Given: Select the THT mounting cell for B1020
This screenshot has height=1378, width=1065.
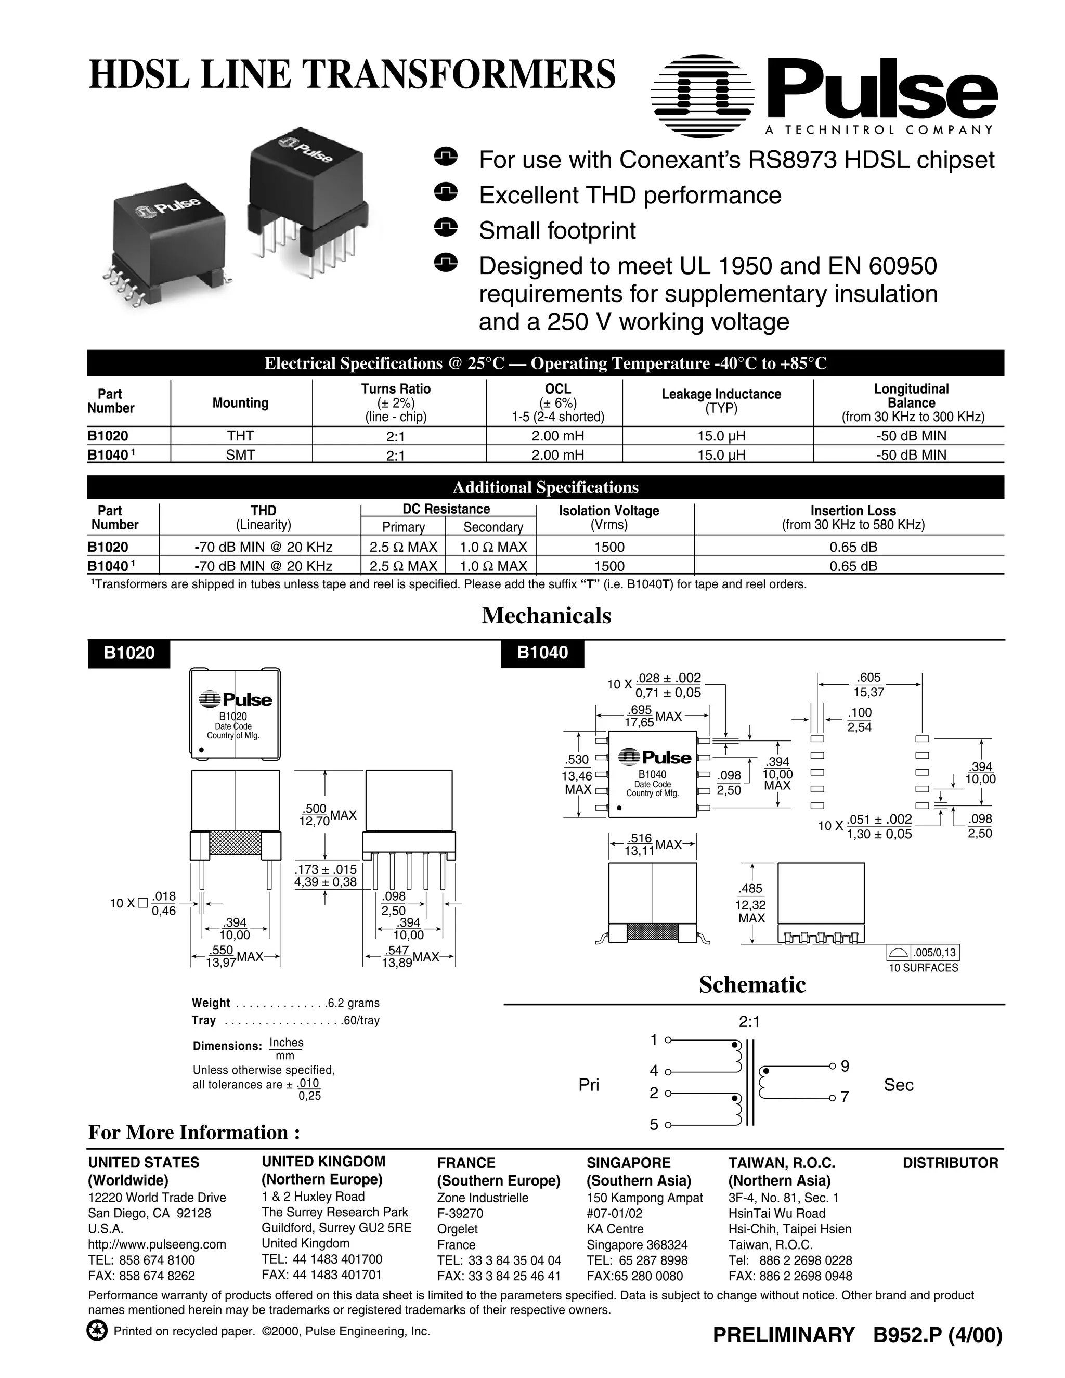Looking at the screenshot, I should pos(240,435).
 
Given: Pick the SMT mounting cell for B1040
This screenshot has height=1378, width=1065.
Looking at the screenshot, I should pos(240,454).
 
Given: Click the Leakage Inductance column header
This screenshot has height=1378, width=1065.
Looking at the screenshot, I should pos(721,394).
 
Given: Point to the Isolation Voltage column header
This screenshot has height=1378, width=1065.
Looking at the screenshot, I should pos(608,511).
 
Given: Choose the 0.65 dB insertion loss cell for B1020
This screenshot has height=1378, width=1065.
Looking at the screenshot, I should pos(853,547).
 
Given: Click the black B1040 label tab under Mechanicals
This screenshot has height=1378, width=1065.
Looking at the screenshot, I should pos(542,653).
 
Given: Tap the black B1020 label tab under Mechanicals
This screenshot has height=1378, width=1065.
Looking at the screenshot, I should pos(129,653).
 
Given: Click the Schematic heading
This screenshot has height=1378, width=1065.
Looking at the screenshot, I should pos(752,985).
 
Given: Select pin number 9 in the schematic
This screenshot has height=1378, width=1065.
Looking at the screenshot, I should pos(845,1067).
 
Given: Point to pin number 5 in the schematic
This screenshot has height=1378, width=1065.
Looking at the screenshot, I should pos(654,1125).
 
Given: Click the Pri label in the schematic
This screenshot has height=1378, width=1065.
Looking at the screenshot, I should pos(589,1085).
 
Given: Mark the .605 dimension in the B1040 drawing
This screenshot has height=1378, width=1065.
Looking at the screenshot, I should pos(869,678).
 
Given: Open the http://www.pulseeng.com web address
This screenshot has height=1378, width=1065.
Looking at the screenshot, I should pos(157,1244).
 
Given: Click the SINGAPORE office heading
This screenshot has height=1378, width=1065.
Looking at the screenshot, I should pos(628,1163).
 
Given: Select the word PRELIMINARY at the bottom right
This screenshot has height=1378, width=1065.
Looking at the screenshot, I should pos(783,1335).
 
